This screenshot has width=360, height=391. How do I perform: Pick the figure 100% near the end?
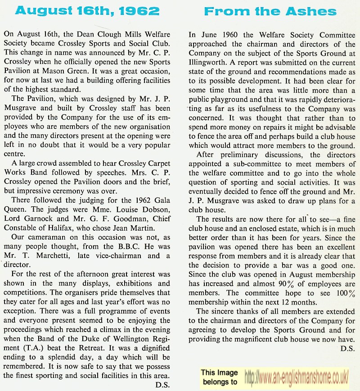pos(345,293)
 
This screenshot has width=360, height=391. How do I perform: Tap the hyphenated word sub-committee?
pos(252,164)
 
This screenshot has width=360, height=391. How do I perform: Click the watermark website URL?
pos(297,377)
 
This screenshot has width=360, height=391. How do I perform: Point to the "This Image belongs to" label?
pos(219,377)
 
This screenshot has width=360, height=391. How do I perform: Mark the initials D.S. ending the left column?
pos(162,384)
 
